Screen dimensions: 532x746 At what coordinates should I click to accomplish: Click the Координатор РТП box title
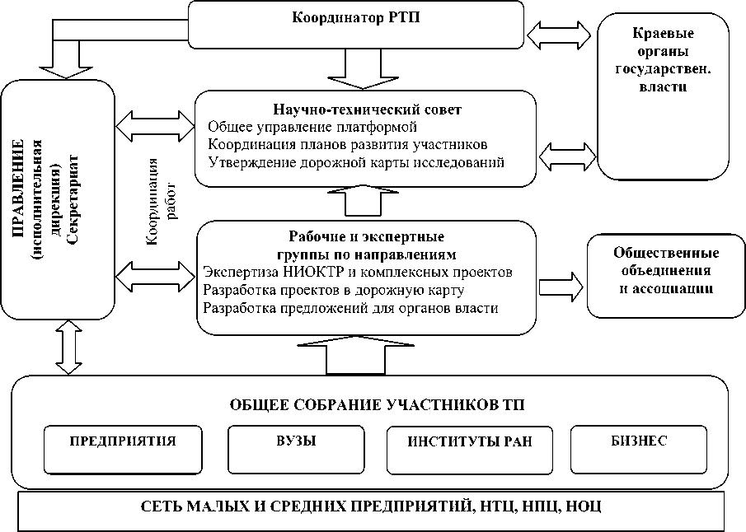pyautogui.click(x=355, y=19)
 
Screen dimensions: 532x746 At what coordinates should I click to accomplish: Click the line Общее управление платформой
pyautogui.click(x=312, y=128)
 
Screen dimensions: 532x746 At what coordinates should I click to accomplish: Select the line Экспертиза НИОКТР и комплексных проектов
pyautogui.click(x=358, y=272)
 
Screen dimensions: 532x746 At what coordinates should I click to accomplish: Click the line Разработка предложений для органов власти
pyautogui.click(x=350, y=308)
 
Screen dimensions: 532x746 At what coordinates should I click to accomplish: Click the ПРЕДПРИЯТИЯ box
pyautogui.click(x=122, y=441)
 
